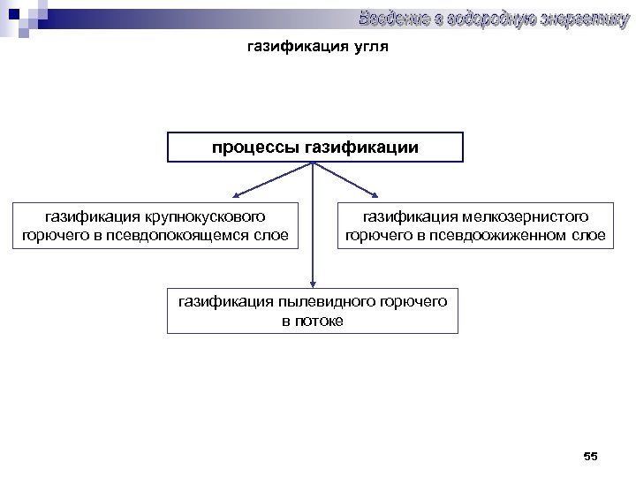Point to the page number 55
tap(591, 456)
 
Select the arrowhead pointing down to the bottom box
tap(313, 281)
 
